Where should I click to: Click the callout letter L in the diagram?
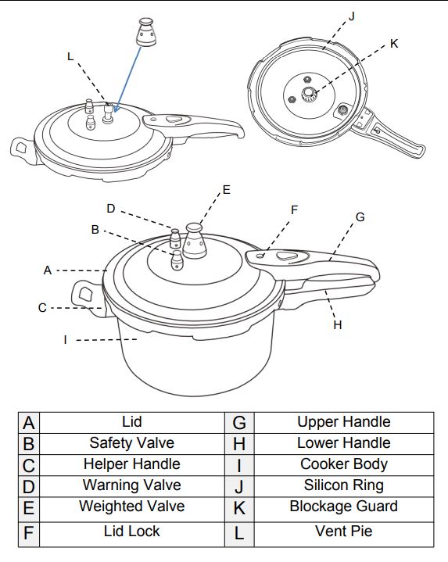pyautogui.click(x=70, y=56)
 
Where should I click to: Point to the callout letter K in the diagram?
pyautogui.click(x=394, y=44)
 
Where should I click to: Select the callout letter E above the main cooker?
pyautogui.click(x=227, y=189)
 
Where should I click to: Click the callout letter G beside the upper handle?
pyautogui.click(x=359, y=217)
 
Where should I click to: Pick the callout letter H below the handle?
pyautogui.click(x=337, y=324)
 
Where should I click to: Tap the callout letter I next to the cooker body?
pyautogui.click(x=66, y=339)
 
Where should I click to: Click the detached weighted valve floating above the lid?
pyautogui.click(x=144, y=31)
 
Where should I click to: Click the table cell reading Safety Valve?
pyautogui.click(x=131, y=443)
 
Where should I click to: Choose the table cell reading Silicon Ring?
pyautogui.click(x=343, y=485)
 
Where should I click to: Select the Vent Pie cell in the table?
pyautogui.click(x=343, y=532)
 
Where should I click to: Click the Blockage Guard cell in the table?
pyautogui.click(x=343, y=507)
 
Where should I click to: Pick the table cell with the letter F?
pyautogui.click(x=29, y=532)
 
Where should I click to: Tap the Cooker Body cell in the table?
pyautogui.click(x=343, y=464)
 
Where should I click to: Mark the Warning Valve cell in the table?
pyautogui.click(x=131, y=485)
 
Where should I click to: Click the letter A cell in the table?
pyautogui.click(x=29, y=423)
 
